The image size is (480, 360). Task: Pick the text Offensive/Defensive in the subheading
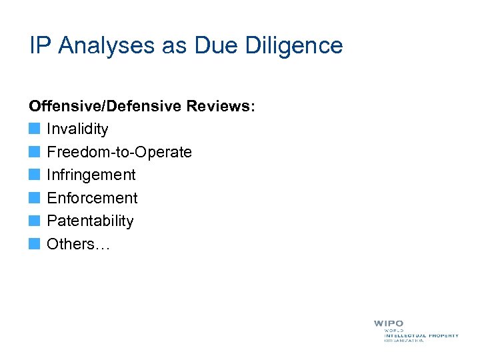(106, 106)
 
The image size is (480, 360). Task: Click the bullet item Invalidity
(77, 129)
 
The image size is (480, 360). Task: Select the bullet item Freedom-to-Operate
(119, 152)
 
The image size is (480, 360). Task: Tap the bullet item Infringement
(91, 175)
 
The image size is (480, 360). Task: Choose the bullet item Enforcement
(92, 198)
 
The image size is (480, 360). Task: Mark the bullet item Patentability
(90, 221)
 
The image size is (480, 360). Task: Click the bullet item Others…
(78, 244)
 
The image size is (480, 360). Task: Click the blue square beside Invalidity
(35, 129)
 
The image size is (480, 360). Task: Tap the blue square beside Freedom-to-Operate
(35, 152)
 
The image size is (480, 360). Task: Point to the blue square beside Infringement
(35, 175)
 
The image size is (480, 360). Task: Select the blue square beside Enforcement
(35, 198)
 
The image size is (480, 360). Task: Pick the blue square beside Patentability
(35, 221)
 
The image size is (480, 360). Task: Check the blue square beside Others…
(35, 244)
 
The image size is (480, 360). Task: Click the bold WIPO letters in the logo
(388, 323)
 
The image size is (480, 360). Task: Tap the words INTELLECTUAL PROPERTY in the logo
(421, 335)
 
